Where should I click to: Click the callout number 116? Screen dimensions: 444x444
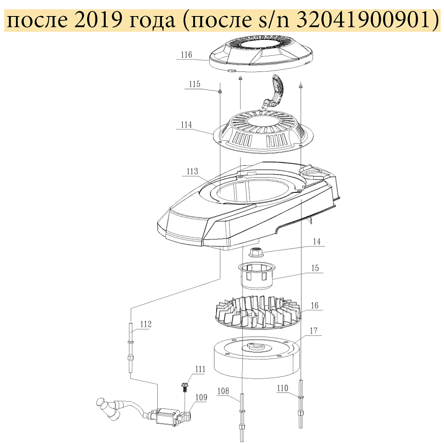186,55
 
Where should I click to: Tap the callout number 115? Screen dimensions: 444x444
194,84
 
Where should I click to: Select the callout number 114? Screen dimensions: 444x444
186,125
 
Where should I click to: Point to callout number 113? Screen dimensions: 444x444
192,171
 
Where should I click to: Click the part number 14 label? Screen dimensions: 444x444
317,242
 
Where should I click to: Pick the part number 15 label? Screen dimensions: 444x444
315,268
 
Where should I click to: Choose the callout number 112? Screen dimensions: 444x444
146,324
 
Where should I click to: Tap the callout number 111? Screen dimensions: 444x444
200,369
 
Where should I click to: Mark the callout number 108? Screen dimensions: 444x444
223,391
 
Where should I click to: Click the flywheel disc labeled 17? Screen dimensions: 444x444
256,357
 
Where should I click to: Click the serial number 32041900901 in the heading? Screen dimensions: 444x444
363,21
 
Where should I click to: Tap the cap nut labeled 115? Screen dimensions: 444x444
220,91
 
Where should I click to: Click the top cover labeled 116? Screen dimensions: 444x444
261,54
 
